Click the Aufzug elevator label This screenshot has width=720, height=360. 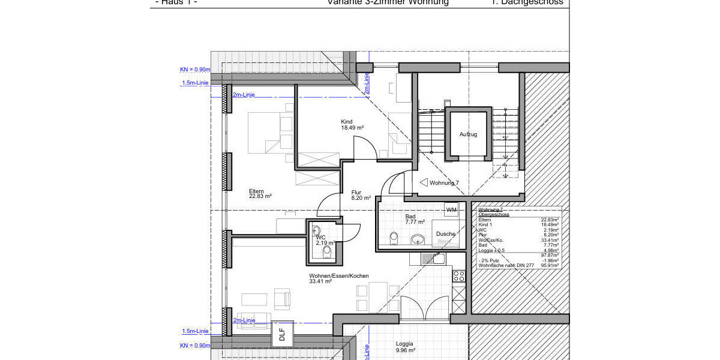(468, 134)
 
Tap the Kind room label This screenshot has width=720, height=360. (347, 122)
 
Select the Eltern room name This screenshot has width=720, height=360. (256, 191)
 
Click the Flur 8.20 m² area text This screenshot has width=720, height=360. (361, 197)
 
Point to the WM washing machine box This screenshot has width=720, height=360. (451, 209)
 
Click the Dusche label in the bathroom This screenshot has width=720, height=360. (445, 234)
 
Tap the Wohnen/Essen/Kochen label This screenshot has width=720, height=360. (339, 276)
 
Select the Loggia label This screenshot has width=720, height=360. (404, 344)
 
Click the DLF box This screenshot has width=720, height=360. (282, 334)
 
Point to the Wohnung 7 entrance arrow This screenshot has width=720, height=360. (424, 182)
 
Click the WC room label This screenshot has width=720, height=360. (320, 237)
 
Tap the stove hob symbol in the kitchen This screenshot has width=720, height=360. (458, 276)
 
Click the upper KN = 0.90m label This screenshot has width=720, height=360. (195, 70)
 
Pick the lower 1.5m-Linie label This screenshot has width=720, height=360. (195, 331)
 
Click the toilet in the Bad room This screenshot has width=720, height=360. (394, 239)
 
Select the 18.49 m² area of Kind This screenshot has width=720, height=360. (353, 128)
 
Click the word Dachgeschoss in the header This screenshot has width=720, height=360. (533, 2)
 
